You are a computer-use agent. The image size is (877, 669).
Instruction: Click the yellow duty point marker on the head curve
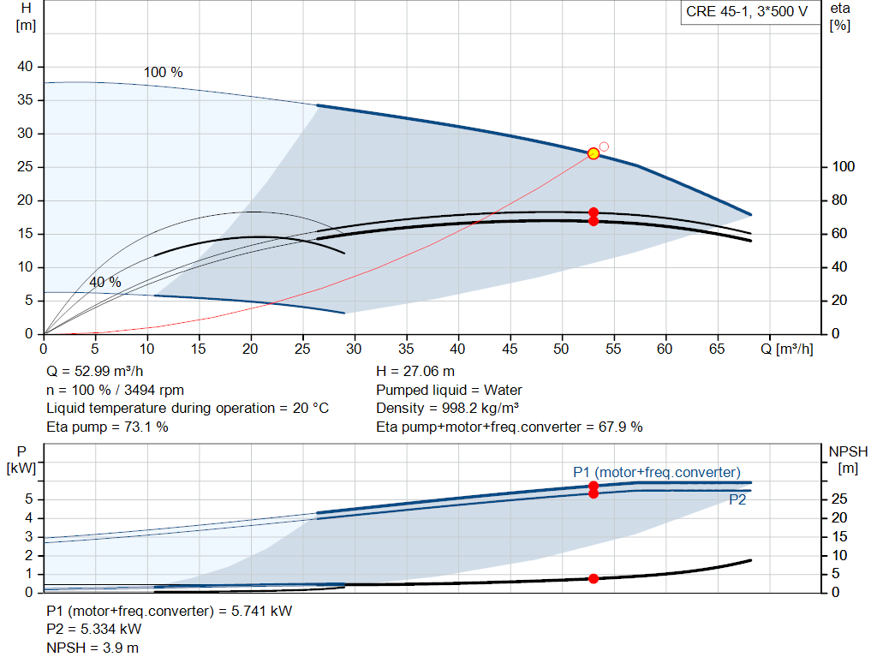coord(594,153)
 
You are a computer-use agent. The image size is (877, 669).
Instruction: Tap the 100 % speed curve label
coord(163,73)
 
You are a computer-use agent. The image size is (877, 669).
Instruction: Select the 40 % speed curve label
coord(105,282)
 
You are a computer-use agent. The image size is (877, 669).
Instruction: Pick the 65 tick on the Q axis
coord(717,349)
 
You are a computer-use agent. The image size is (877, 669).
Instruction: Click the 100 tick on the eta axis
coord(843,167)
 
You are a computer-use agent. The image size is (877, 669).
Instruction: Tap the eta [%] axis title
coord(840,16)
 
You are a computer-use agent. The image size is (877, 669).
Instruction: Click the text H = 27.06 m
coord(416,372)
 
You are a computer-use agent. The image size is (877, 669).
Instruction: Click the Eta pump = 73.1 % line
coord(107,427)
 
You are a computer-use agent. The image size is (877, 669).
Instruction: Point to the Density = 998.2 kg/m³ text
coord(449,409)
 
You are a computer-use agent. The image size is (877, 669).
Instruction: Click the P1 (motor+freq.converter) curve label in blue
coord(656,472)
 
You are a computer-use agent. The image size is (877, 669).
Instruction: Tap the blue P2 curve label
coord(737,500)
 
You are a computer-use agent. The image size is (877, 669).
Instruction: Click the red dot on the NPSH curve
coord(594,579)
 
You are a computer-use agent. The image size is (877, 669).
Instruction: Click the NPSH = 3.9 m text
coord(92,648)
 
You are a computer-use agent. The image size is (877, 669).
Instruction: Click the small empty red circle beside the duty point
coord(604,146)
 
